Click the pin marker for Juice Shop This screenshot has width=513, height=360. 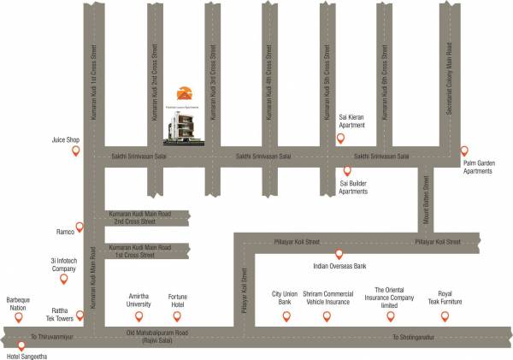point(75,151)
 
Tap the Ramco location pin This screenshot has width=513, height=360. point(80,227)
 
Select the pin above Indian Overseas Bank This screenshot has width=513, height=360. point(339,254)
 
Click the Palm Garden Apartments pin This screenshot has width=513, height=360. point(464,150)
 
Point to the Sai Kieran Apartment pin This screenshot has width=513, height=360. point(340,139)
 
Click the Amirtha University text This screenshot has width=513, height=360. point(139,299)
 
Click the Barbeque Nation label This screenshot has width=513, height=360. point(18,305)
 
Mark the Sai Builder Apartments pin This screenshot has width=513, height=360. point(347,170)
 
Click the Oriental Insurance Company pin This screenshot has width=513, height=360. point(391,316)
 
